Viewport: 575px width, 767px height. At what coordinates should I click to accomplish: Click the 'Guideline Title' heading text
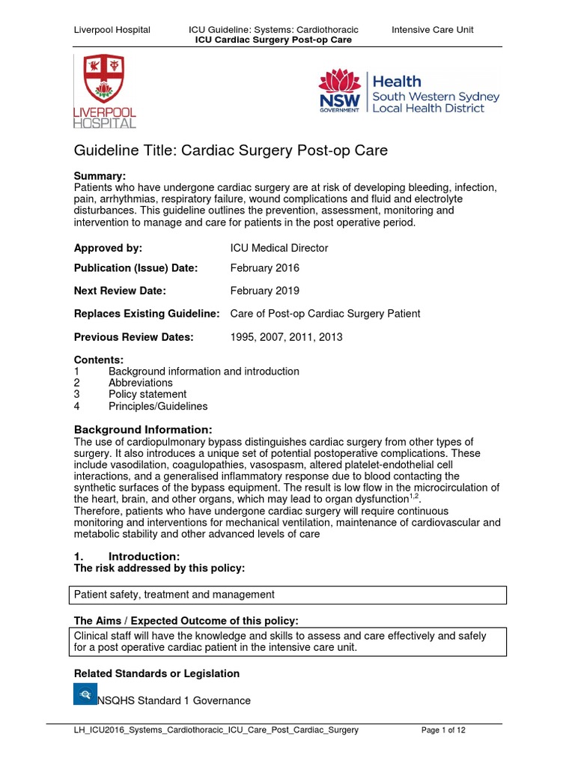click(x=231, y=151)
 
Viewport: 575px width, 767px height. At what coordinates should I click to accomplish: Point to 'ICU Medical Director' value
click(x=279, y=248)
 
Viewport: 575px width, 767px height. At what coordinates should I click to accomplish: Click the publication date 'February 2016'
click(x=264, y=267)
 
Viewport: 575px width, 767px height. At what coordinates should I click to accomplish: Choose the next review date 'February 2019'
click(x=264, y=291)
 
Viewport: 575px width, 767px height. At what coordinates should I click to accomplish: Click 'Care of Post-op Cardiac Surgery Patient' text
click(x=325, y=314)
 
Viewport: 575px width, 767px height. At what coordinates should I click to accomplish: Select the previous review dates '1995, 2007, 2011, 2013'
click(x=286, y=337)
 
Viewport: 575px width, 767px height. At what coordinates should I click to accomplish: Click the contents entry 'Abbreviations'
click(x=141, y=383)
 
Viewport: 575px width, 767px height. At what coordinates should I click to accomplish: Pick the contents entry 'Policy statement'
click(x=147, y=394)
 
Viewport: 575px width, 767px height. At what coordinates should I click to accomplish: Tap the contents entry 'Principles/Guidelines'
click(x=158, y=406)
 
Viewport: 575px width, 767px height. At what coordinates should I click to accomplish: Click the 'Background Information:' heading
click(x=142, y=429)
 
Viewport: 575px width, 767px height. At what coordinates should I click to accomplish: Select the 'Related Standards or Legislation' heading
click(x=156, y=673)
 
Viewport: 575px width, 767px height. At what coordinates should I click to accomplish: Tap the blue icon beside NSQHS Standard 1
click(x=85, y=694)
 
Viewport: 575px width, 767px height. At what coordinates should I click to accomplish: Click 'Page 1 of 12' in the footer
click(x=444, y=730)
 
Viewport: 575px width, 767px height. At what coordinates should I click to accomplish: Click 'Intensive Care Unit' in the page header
click(x=433, y=30)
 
